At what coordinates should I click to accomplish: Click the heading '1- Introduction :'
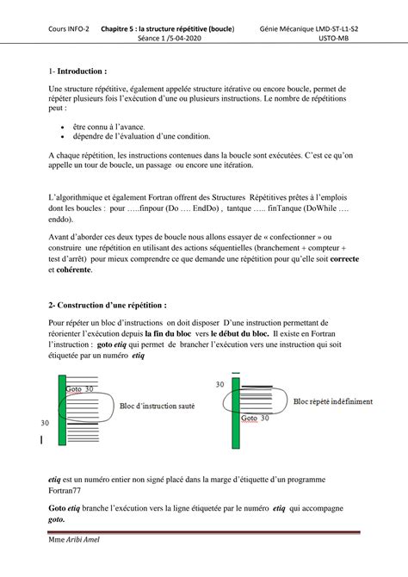click(x=78, y=71)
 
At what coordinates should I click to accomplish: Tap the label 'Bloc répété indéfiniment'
click(x=332, y=401)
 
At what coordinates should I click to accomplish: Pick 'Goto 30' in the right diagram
click(x=256, y=419)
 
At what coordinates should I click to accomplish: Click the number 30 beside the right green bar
click(x=219, y=384)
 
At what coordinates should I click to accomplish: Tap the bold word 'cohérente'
click(x=73, y=270)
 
